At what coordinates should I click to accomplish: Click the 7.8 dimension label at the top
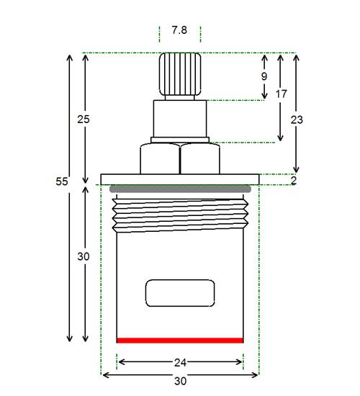pos(179,30)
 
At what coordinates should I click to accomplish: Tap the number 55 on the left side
pos(62,181)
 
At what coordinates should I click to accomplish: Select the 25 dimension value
pos(84,120)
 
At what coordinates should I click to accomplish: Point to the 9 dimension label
pos(264,76)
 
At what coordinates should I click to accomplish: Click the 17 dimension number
pos(282,94)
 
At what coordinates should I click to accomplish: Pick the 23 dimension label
pos(297,120)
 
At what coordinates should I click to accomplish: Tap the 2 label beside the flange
pos(294,180)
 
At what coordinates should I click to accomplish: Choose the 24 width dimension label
pos(181,363)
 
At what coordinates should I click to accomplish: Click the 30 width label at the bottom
pos(181,381)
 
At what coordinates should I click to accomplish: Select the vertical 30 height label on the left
pos(84,256)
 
